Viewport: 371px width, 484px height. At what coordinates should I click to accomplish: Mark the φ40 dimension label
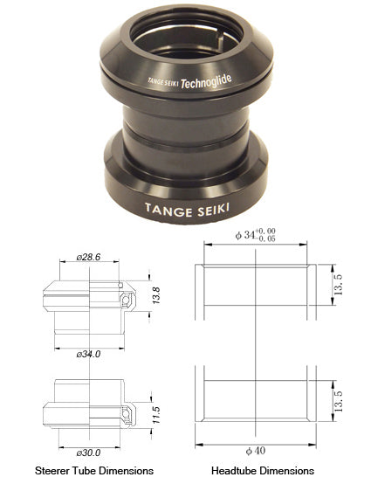click(255, 451)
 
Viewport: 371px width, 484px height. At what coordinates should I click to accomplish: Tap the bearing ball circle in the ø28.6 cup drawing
click(128, 301)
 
